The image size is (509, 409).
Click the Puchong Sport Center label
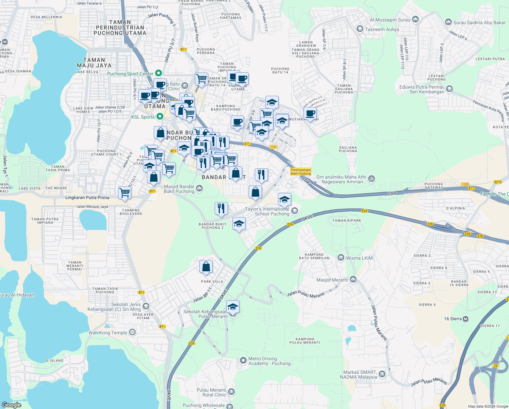tap(130, 74)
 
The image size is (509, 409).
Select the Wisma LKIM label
tap(359, 258)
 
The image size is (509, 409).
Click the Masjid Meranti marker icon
tap(353, 280)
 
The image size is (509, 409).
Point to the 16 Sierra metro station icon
tap(466, 319)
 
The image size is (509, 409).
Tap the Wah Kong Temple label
tap(108, 333)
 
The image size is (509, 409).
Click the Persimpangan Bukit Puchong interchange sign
tap(301, 171)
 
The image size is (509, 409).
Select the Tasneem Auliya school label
tap(382, 29)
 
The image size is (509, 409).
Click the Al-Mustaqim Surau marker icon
tap(415, 19)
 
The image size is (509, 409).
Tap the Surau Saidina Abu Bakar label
tap(479, 22)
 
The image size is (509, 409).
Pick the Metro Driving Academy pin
tap(243, 360)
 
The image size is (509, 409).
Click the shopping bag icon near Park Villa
tap(206, 267)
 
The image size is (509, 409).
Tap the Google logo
tap(12, 405)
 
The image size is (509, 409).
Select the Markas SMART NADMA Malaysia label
tap(360, 375)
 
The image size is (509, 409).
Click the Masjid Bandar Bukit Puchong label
tap(179, 189)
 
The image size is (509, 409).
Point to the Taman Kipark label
tap(347, 221)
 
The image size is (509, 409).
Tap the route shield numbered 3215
tap(498, 182)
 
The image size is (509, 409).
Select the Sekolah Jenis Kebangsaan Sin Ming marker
tap(146, 306)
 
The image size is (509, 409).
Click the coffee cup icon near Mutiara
tap(310, 113)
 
